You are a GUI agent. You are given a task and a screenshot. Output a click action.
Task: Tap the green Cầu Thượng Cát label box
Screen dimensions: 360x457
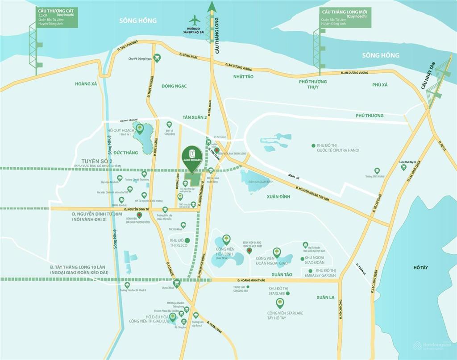[x=57, y=17]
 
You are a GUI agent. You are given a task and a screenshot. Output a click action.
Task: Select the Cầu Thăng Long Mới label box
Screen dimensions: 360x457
[x=343, y=17]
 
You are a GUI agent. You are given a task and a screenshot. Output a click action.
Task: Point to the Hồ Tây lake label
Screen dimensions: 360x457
[x=420, y=268]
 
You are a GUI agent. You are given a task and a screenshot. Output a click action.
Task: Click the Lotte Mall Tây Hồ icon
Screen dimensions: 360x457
[x=403, y=167]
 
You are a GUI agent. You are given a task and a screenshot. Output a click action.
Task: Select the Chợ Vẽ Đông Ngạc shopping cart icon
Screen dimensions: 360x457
[x=157, y=58]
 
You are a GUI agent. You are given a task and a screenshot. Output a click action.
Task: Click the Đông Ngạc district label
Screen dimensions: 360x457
[x=174, y=86]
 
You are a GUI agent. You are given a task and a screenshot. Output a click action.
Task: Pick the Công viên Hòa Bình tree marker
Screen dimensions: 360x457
[x=226, y=239]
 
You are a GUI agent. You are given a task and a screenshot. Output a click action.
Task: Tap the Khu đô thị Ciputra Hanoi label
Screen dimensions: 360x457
[x=337, y=148]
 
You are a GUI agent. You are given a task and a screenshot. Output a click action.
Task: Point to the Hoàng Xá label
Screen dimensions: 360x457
[x=86, y=83]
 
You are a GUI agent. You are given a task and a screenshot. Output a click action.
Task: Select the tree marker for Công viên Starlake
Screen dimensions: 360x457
[x=280, y=303]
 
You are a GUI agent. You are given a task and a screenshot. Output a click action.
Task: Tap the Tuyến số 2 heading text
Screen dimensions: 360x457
[x=97, y=161]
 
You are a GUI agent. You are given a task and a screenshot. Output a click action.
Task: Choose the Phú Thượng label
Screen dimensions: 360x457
[x=370, y=116]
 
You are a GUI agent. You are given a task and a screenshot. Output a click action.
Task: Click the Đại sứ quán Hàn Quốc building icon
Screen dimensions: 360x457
[x=305, y=245]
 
